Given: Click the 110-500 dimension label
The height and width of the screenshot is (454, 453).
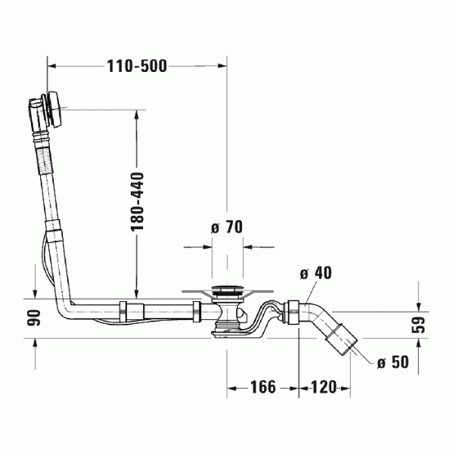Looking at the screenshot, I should coord(137,66).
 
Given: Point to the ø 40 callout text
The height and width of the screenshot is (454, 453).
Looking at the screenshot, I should coord(316,273).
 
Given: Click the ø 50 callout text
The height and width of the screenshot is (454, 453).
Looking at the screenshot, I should coord(392,363).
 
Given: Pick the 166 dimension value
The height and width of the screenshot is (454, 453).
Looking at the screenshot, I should coord(262,388).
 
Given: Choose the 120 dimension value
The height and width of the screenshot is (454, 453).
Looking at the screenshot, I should coord(323,388).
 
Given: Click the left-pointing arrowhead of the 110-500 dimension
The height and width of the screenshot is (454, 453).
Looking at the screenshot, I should coord(51,66).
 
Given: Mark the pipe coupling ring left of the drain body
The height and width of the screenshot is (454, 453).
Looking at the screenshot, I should coord(198,310).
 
